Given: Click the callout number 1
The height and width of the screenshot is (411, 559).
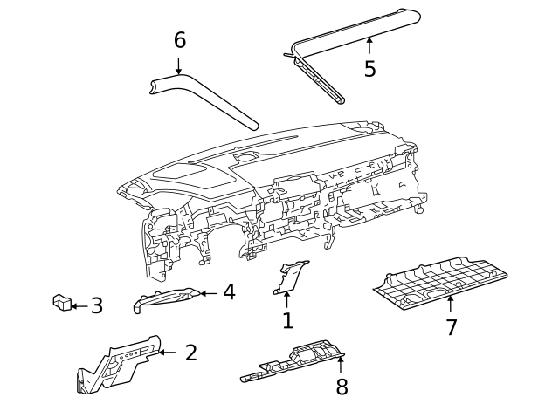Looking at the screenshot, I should click(x=287, y=321).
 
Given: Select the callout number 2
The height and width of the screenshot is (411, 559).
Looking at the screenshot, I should click(x=190, y=353).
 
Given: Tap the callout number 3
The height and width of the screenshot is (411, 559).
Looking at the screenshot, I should click(x=96, y=306).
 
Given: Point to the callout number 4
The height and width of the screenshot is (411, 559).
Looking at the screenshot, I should click(x=228, y=292).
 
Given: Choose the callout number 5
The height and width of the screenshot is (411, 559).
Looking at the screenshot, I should click(x=369, y=68).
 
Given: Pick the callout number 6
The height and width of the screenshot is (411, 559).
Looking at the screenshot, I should click(x=179, y=40).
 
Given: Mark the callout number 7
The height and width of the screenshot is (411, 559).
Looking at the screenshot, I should click(x=451, y=327).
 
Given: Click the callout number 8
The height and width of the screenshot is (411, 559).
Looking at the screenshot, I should click(x=342, y=387).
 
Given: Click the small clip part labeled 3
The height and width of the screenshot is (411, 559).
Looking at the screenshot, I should click(x=62, y=303).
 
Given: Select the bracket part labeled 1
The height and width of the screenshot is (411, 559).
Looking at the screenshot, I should click(x=288, y=277).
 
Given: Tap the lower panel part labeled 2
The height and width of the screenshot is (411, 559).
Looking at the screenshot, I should click(x=118, y=365).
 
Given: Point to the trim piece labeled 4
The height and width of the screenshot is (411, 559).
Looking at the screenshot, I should click(x=166, y=299).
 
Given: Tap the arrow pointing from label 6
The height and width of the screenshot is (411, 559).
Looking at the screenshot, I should click(x=179, y=65).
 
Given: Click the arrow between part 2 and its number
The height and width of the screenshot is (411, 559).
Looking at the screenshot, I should click(x=167, y=353).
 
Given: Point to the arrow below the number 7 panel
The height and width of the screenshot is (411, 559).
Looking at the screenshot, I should click(x=451, y=305).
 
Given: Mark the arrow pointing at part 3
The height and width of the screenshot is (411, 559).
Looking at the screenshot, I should click(x=79, y=306).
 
